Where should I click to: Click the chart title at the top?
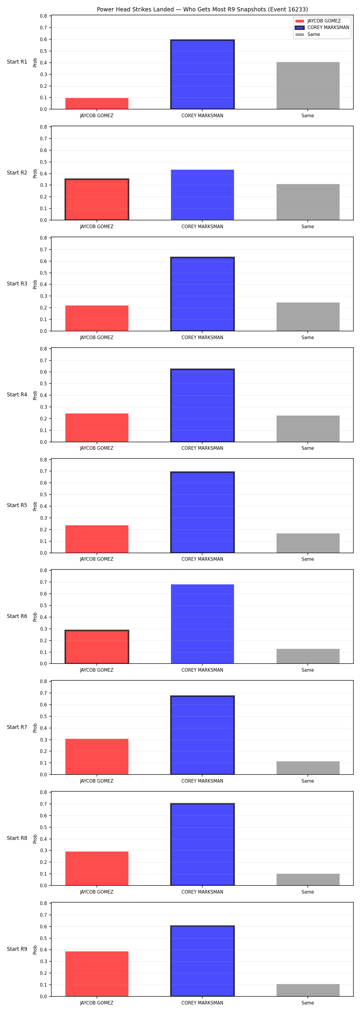click(202, 9)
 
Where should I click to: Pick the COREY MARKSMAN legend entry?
click(322, 28)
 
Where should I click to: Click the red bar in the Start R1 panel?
click(97, 103)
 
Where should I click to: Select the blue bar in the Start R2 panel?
click(202, 195)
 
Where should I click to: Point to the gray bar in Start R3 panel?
click(308, 317)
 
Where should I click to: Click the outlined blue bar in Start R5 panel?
click(202, 512)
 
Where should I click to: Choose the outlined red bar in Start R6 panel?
click(97, 647)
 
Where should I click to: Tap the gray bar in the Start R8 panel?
click(308, 879)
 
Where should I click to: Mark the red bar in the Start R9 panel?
click(97, 974)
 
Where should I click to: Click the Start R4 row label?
click(17, 394)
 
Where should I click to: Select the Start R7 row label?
click(17, 727)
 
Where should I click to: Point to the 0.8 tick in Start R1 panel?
click(43, 16)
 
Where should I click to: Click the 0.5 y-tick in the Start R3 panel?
click(43, 273)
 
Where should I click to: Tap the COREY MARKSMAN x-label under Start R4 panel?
click(202, 448)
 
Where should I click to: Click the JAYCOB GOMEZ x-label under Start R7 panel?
click(97, 781)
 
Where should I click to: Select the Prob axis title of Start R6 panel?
click(35, 617)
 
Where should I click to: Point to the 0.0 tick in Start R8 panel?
click(43, 886)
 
